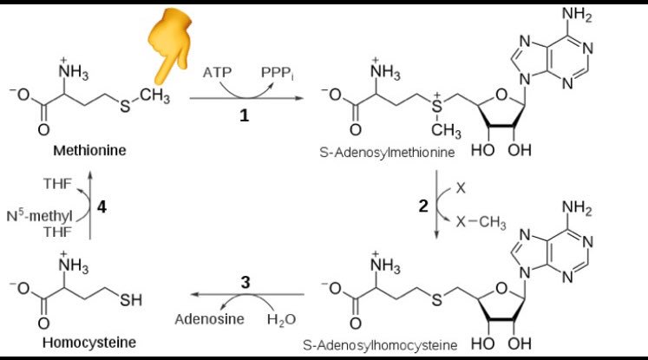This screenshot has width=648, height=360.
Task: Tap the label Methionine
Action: tap(89, 150)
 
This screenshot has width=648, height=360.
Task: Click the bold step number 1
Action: tap(245, 115)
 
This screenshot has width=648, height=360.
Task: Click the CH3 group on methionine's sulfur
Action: tap(154, 95)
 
